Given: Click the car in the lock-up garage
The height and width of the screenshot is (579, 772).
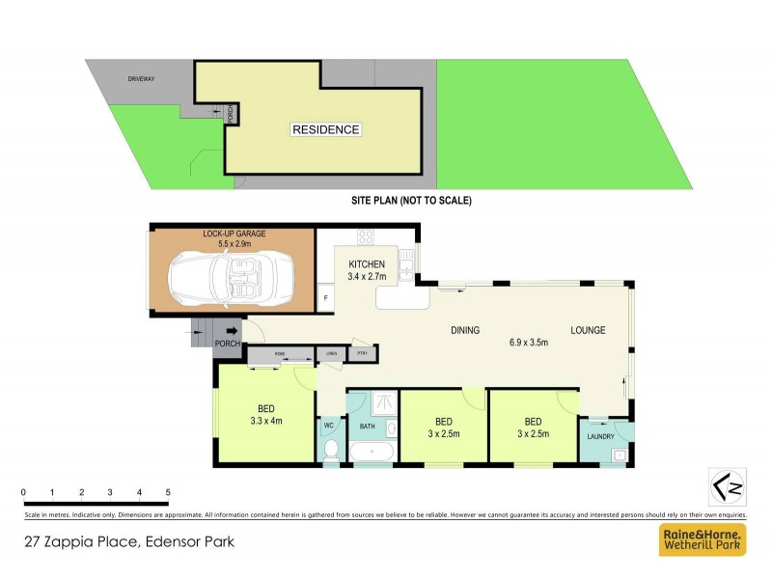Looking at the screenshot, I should [x=233, y=281].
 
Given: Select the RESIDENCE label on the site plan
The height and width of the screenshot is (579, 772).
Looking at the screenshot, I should [x=325, y=129].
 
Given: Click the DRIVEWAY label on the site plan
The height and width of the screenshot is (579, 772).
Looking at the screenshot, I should [x=141, y=79].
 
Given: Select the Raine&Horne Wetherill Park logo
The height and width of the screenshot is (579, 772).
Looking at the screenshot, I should [x=701, y=540].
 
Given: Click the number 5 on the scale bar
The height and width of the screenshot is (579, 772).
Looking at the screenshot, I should [x=168, y=492].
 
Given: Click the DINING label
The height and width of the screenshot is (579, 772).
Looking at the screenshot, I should [x=465, y=331].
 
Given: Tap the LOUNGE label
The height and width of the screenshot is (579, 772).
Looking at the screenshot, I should [x=587, y=331].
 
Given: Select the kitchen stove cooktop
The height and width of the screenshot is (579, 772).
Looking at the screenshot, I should [x=366, y=237].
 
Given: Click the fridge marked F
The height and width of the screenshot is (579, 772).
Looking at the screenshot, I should [x=325, y=299].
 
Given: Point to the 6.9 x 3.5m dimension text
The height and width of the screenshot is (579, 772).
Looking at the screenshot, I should [x=528, y=343].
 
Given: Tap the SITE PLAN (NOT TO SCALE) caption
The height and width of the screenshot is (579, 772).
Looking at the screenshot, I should [x=410, y=201].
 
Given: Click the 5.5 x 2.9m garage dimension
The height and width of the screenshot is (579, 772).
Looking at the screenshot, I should [x=234, y=245].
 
